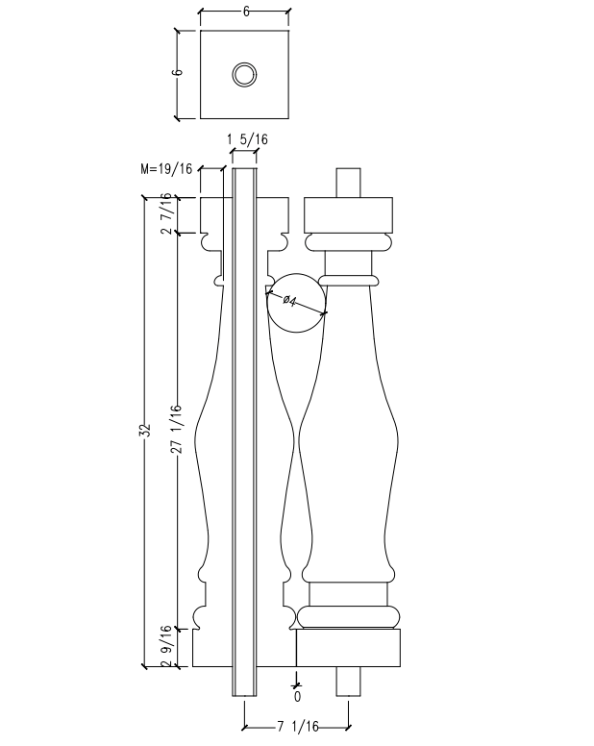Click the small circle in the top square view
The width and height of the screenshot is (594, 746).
[x=244, y=75]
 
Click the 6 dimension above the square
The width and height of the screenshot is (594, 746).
[x=245, y=12]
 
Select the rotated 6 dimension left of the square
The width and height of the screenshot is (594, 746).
[x=179, y=74]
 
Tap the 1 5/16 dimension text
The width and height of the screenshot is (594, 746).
[x=247, y=140]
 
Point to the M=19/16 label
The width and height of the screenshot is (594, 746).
[x=166, y=169]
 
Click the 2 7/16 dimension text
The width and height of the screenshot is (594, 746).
[x=167, y=214]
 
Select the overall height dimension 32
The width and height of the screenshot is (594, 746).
[x=145, y=431]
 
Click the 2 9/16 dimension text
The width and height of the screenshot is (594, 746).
[x=167, y=645]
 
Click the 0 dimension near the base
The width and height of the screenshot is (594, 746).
[x=297, y=695]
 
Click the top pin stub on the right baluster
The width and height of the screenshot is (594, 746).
[x=348, y=183]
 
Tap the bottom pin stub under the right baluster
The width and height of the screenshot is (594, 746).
[x=348, y=681]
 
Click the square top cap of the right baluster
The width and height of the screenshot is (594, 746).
[x=348, y=211]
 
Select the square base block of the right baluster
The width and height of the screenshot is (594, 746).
[x=348, y=648]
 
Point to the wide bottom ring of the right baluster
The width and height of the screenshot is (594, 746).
[x=348, y=616]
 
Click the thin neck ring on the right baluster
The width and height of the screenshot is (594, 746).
[x=348, y=279]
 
